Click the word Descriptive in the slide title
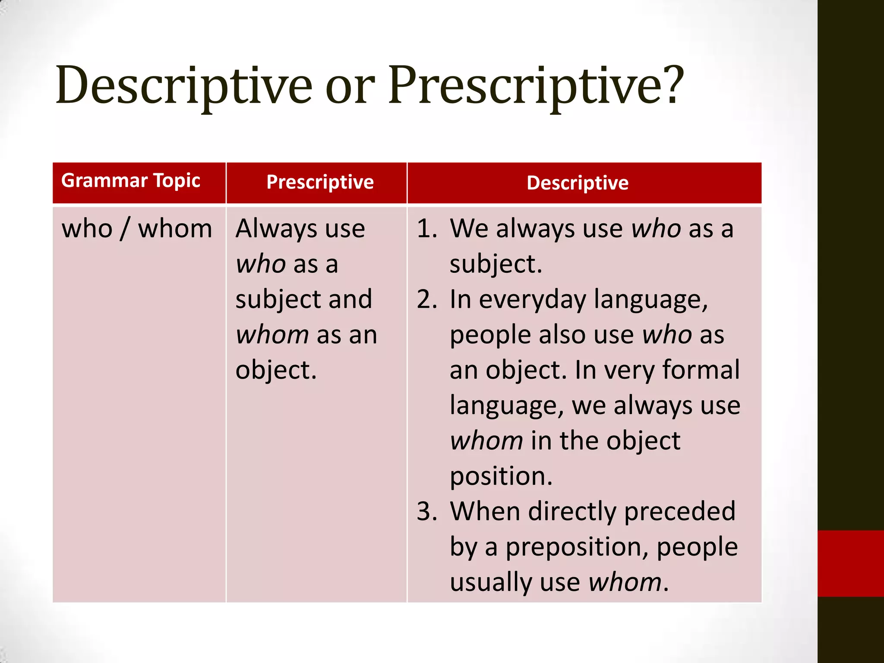[x=183, y=86]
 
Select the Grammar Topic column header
[x=131, y=181]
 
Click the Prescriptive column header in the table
[x=320, y=182]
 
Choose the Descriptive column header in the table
[x=578, y=183]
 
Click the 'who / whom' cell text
[x=137, y=229]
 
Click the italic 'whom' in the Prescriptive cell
[x=272, y=335]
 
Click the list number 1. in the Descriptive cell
[x=427, y=229]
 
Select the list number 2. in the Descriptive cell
[x=427, y=300]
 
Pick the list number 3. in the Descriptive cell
[x=427, y=512]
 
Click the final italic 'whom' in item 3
[x=625, y=583]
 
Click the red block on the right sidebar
[x=850, y=563]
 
